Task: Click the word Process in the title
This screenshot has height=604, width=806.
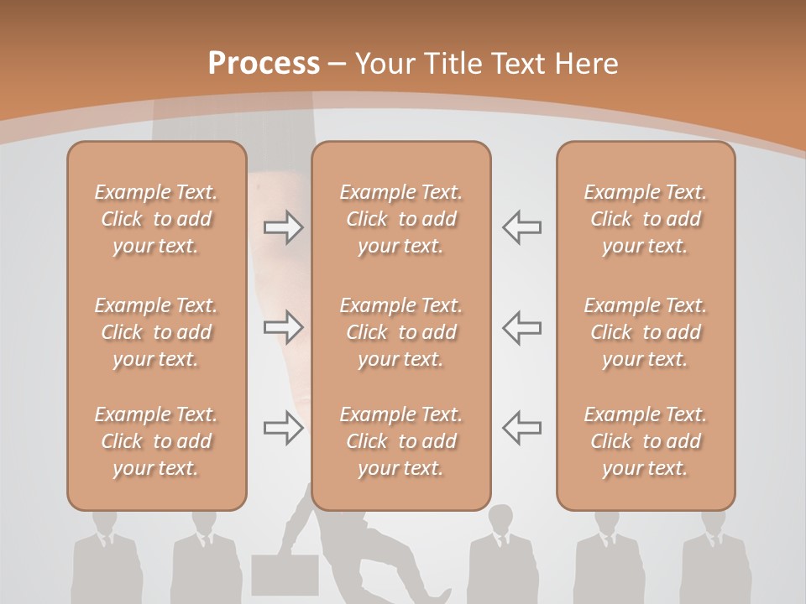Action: click(264, 64)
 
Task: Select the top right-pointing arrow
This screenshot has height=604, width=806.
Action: click(284, 227)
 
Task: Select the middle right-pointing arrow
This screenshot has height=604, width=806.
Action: click(284, 327)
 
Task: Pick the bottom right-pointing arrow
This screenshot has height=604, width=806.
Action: click(284, 429)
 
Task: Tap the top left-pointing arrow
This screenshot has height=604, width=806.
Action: click(521, 227)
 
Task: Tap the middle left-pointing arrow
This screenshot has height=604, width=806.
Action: click(521, 327)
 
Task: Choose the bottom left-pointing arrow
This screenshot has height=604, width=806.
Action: click(521, 427)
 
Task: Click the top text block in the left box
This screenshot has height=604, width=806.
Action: click(156, 219)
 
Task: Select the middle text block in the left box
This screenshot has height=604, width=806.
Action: click(156, 332)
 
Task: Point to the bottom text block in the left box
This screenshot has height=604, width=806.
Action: click(156, 441)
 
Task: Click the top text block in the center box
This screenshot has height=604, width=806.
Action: click(401, 219)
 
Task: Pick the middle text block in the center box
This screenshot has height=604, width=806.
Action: click(401, 332)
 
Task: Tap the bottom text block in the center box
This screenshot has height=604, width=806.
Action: click(401, 441)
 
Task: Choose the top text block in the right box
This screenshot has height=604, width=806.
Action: click(646, 219)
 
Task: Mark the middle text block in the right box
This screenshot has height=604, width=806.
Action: click(646, 332)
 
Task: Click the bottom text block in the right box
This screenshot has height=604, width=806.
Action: click(646, 441)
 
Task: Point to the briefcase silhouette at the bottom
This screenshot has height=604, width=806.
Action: click(285, 575)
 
